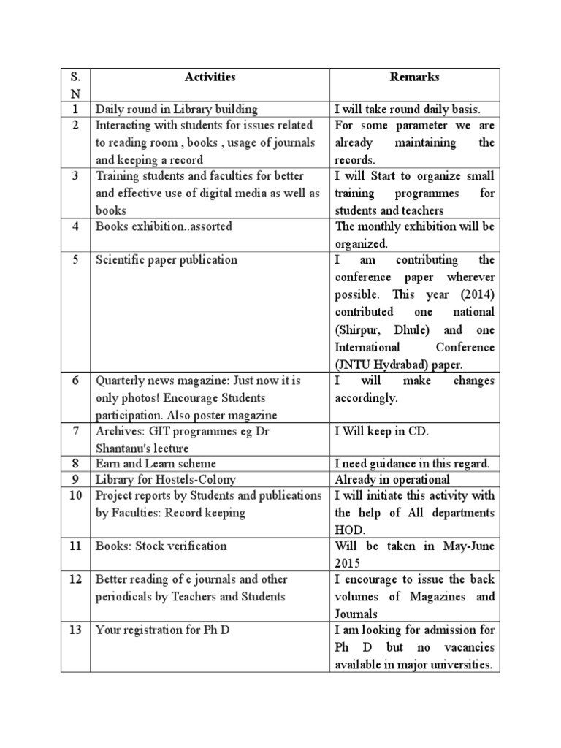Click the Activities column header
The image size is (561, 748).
[x=210, y=77]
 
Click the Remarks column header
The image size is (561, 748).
[x=414, y=77]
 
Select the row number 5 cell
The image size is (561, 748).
[x=76, y=260]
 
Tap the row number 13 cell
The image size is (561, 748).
[x=76, y=630]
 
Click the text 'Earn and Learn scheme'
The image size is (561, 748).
[x=156, y=464]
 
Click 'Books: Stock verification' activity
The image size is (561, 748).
[x=161, y=546]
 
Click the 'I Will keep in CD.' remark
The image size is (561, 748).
[x=381, y=432]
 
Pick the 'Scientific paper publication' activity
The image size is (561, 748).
[x=167, y=260]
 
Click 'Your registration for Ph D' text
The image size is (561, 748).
[x=162, y=630]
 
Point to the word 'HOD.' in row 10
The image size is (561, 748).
[x=350, y=530]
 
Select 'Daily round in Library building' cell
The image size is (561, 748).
[x=176, y=110]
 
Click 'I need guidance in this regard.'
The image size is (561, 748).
[x=412, y=464]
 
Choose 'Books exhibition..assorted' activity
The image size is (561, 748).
[x=164, y=227]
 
